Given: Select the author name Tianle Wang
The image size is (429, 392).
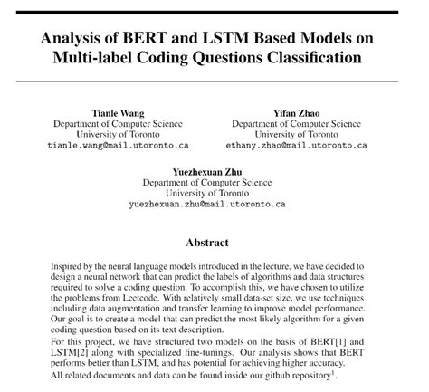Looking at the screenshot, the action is [x=117, y=112].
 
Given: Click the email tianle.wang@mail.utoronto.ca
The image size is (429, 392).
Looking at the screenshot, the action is [x=117, y=145].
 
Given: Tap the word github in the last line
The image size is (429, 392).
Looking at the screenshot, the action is [x=270, y=374].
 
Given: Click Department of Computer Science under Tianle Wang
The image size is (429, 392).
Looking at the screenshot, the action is [x=117, y=123].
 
